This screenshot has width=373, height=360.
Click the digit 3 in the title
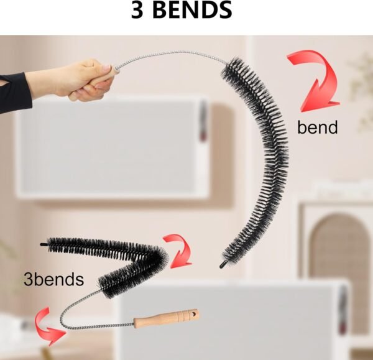pyautogui.click(x=138, y=10)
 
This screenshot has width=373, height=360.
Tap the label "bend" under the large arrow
pyautogui.click(x=317, y=127)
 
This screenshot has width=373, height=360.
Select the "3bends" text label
pyautogui.click(x=53, y=279)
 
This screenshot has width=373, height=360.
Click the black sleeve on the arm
pyautogui.click(x=15, y=91)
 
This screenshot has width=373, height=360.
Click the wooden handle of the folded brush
pyautogui.click(x=167, y=318)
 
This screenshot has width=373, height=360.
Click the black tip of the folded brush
pyautogui.click(x=44, y=244)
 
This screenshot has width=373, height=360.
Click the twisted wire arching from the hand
pyautogui.click(x=172, y=53)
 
